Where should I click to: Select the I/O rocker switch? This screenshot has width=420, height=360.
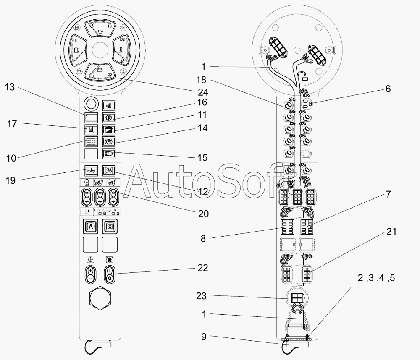coord(110,274)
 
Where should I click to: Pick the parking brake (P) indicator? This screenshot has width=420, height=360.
coord(109,141)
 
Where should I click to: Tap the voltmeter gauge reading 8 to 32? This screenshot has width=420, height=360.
coord(100,72)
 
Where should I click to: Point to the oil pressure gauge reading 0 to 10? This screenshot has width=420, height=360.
coord(100,29)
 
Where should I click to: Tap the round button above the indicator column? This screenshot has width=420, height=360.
coord(91,103)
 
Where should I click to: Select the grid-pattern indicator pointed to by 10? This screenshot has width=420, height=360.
coord(91,141)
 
